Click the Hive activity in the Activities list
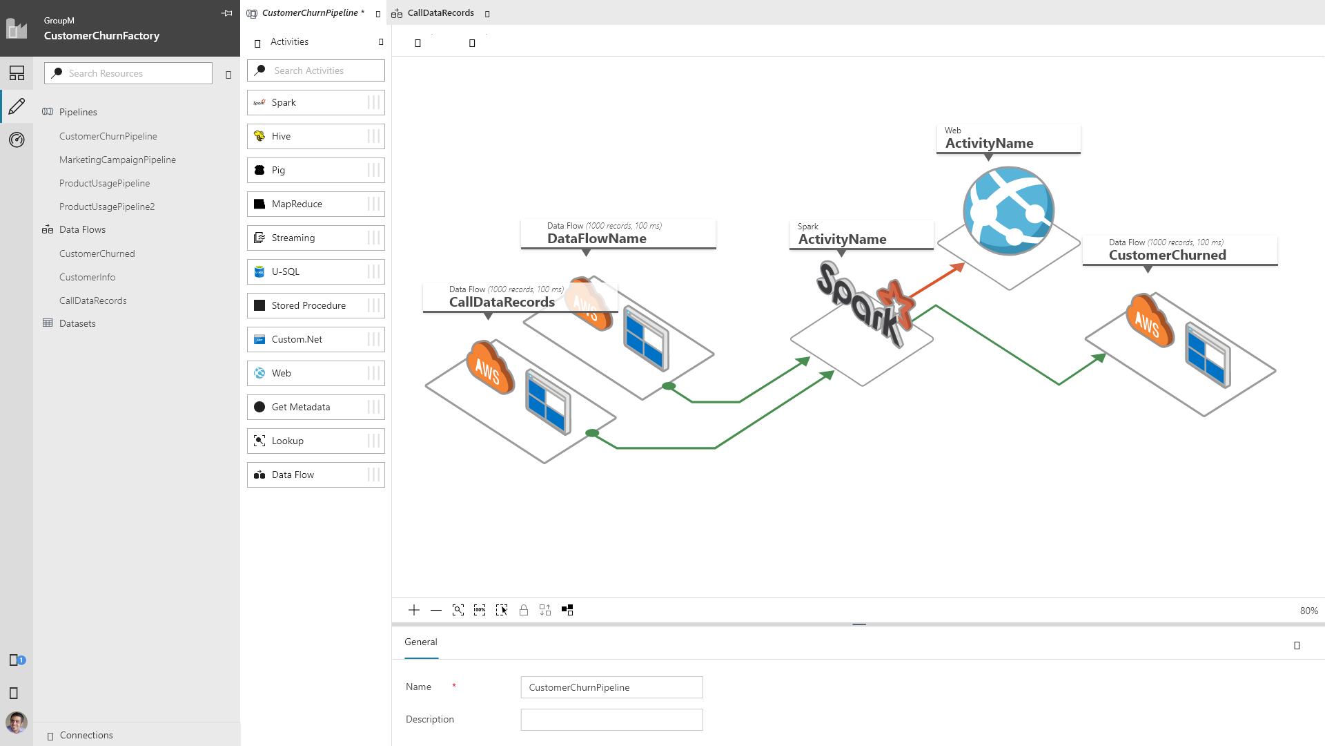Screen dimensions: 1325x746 point(316,136)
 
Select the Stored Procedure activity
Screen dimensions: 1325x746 point(316,305)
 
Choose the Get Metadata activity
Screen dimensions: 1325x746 point(316,407)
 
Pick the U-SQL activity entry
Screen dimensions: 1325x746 point(316,271)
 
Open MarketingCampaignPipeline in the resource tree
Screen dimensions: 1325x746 point(117,160)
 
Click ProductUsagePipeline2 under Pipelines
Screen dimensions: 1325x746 point(107,207)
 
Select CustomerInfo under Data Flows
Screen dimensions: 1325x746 point(88,277)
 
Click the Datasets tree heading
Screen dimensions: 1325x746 point(77,323)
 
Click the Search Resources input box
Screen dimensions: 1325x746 point(128,73)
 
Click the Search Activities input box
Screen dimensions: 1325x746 point(316,70)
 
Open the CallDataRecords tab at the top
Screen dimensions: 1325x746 point(440,13)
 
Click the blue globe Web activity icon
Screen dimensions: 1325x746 point(1008,211)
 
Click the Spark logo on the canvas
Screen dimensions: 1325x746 point(865,304)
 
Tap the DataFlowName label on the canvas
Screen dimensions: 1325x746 point(597,238)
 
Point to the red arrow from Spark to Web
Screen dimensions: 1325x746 point(936,281)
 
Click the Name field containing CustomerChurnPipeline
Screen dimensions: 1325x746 point(611,687)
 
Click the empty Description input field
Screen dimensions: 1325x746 point(611,720)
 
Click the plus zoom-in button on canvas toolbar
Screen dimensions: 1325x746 point(414,610)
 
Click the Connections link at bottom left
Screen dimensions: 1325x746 point(86,735)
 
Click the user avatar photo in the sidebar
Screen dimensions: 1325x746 point(17,723)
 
